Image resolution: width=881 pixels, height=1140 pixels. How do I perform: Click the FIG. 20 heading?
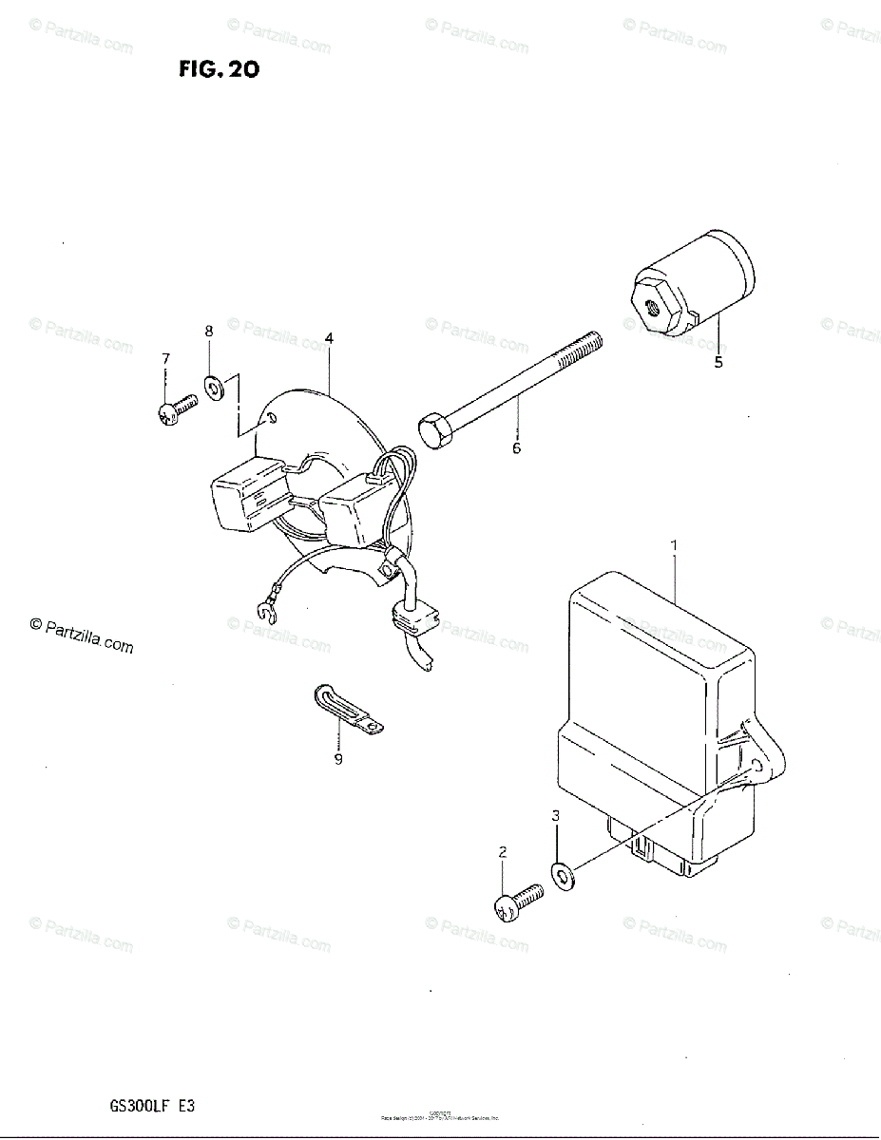tap(219, 69)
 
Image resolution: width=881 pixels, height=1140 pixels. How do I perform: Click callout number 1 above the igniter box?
tap(674, 545)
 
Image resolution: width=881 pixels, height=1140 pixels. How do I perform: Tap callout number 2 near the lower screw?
tap(503, 853)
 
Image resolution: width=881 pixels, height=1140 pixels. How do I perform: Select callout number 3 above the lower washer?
tap(556, 816)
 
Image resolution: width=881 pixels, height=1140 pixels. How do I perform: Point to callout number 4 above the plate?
tap(328, 338)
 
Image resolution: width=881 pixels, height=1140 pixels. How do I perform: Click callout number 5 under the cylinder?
tap(718, 362)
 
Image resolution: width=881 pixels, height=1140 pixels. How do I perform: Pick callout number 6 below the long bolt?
tap(517, 448)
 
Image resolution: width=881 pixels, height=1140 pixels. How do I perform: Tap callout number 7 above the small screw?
tap(165, 358)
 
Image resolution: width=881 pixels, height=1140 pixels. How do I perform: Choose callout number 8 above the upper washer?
tap(209, 331)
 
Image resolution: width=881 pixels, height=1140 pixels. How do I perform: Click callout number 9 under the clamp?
tap(338, 758)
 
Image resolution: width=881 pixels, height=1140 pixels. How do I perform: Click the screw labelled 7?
tap(176, 411)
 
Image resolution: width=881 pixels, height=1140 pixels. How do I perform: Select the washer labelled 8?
tap(212, 388)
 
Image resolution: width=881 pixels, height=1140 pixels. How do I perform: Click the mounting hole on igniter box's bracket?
tap(757, 765)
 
